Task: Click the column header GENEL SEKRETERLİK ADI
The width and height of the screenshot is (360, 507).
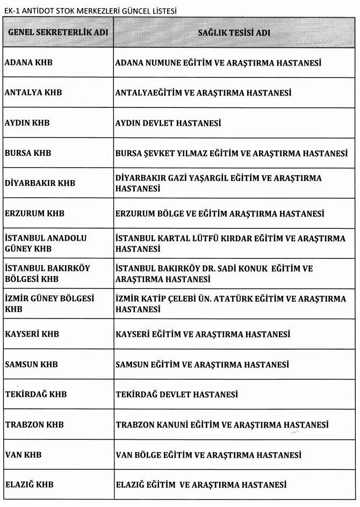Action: [x=58, y=32]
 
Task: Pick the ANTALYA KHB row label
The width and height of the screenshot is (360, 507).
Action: [x=33, y=92]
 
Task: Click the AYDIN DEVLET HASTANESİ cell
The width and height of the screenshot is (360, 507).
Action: [x=168, y=123]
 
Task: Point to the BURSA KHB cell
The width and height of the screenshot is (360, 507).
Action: [x=28, y=153]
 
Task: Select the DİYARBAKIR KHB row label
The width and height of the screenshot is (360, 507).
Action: [x=40, y=183]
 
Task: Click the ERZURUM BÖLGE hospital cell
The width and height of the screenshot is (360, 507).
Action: [x=220, y=214]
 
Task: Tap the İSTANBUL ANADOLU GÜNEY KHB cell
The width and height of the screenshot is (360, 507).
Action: [x=46, y=243]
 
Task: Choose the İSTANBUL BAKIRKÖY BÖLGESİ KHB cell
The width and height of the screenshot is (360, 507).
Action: [x=47, y=273]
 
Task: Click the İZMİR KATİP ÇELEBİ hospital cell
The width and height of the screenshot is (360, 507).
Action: [x=231, y=304]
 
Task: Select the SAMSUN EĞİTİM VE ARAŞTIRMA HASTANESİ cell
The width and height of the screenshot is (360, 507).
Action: [x=203, y=365]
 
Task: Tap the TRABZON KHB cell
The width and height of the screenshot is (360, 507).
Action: [x=34, y=425]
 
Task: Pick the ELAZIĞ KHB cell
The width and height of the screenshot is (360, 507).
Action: [x=30, y=485]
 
